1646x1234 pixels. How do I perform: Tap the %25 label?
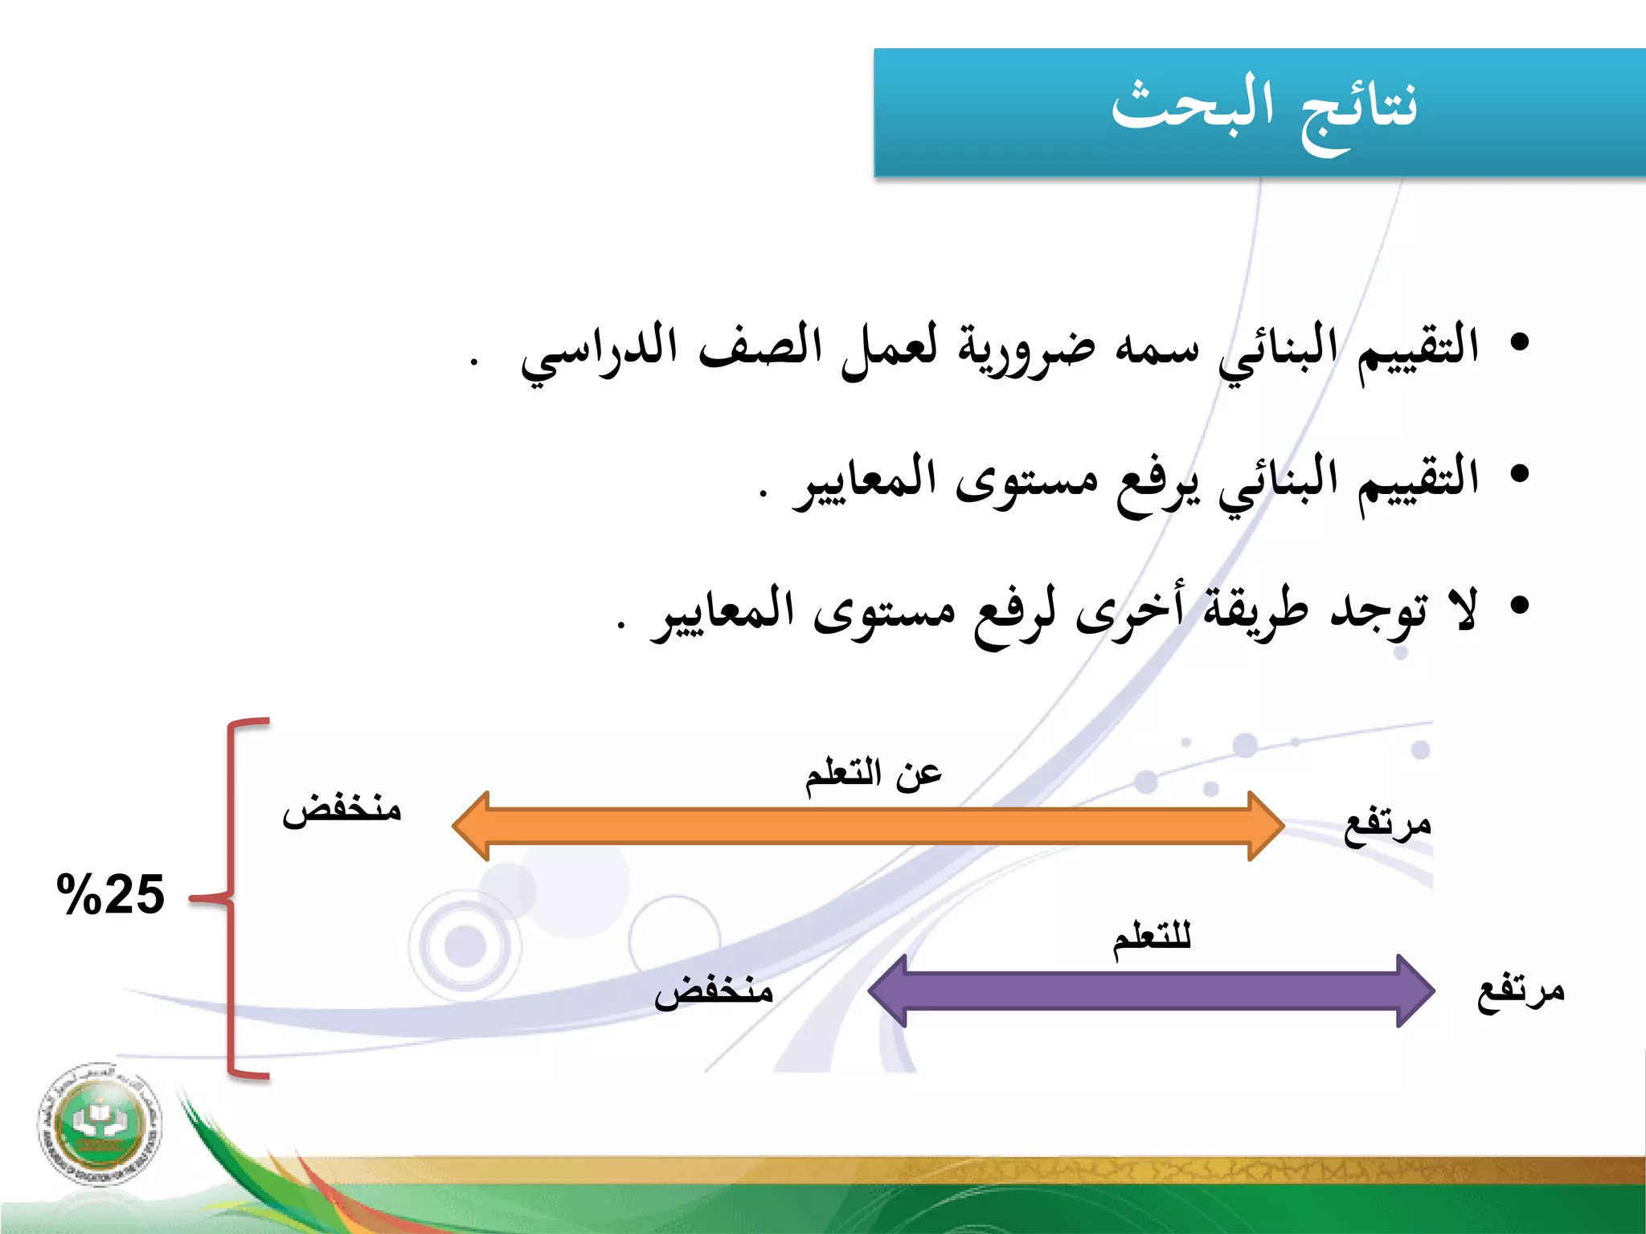(x=110, y=894)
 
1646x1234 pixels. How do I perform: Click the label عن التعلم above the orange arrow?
(x=874, y=774)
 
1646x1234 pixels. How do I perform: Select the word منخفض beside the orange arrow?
(x=342, y=807)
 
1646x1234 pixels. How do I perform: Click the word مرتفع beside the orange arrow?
(x=1388, y=825)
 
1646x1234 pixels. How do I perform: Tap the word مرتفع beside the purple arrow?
(x=1521, y=991)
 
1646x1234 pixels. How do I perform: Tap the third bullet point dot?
(x=1518, y=605)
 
